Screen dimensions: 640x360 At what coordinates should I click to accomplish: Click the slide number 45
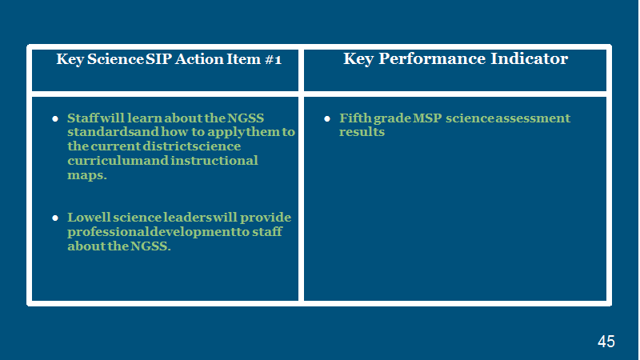coord(606,342)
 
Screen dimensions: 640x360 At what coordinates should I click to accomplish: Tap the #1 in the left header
coord(273,59)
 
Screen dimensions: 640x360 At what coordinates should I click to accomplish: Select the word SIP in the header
coord(158,59)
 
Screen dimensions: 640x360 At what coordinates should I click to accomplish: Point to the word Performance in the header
coord(432,58)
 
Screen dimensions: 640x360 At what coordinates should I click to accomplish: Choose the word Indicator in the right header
coord(529,58)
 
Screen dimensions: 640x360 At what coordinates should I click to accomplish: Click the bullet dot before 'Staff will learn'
coord(55,118)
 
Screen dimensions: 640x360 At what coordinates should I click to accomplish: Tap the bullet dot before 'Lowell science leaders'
coord(55,218)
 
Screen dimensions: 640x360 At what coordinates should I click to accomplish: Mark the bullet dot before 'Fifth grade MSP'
coord(327,118)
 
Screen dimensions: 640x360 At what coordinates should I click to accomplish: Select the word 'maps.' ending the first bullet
coord(87,175)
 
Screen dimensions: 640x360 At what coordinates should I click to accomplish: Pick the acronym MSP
coord(427,118)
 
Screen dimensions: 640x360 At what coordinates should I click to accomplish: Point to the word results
coord(362,132)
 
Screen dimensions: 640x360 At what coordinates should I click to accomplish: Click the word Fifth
coord(355,118)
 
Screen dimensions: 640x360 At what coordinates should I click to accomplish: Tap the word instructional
coord(214,161)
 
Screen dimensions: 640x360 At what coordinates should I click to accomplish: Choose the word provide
coord(266,218)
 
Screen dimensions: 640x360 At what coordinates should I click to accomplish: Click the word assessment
coord(533,118)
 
